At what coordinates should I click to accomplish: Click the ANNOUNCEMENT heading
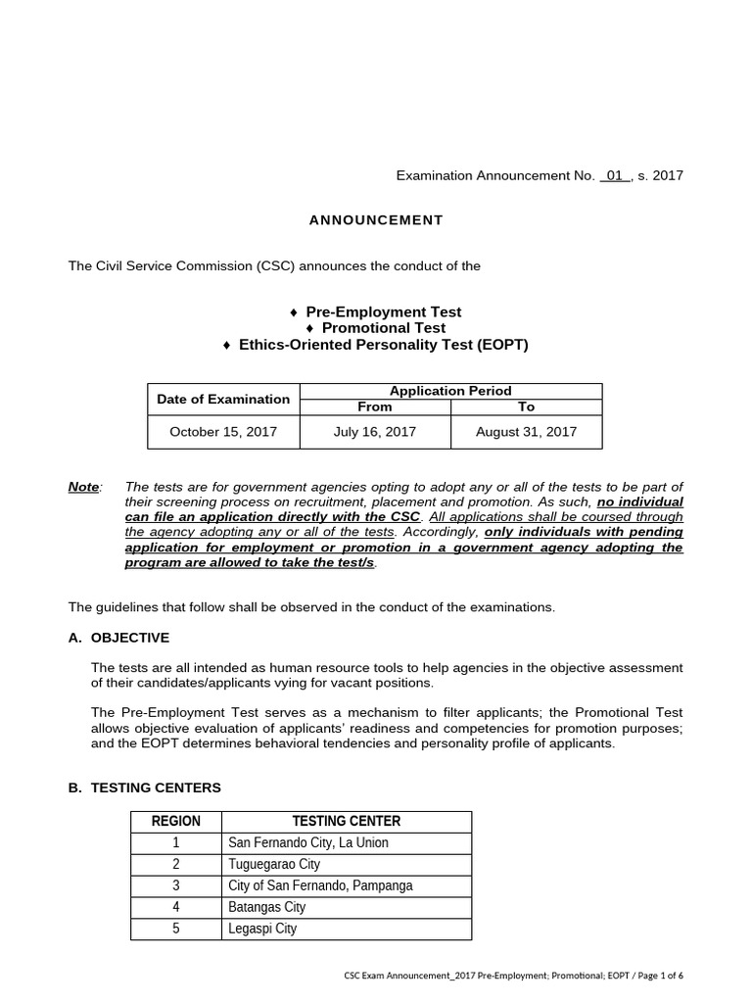[376, 220]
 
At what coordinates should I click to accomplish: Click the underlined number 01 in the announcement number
[614, 176]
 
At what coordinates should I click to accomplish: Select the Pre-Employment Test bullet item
[376, 311]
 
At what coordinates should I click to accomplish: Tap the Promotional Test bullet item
[376, 328]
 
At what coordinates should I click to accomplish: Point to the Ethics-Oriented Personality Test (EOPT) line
[376, 345]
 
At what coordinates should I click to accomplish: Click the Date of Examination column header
[223, 399]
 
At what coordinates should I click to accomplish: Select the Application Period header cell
[450, 391]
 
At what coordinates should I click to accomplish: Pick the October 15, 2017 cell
[223, 432]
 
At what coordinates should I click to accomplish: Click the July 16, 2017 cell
[375, 432]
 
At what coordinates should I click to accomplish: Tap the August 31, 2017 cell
[527, 432]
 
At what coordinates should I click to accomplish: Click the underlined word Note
[84, 487]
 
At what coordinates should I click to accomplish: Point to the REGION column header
[176, 822]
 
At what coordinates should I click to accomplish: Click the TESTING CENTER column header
[347, 822]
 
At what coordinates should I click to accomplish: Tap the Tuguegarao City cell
[273, 865]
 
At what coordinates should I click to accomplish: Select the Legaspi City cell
[261, 929]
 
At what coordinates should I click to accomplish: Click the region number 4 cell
[176, 908]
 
